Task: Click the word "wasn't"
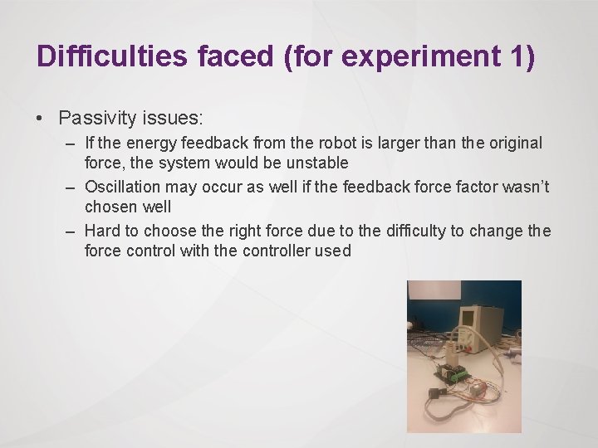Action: point(527,186)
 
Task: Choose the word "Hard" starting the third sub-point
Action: point(103,231)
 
